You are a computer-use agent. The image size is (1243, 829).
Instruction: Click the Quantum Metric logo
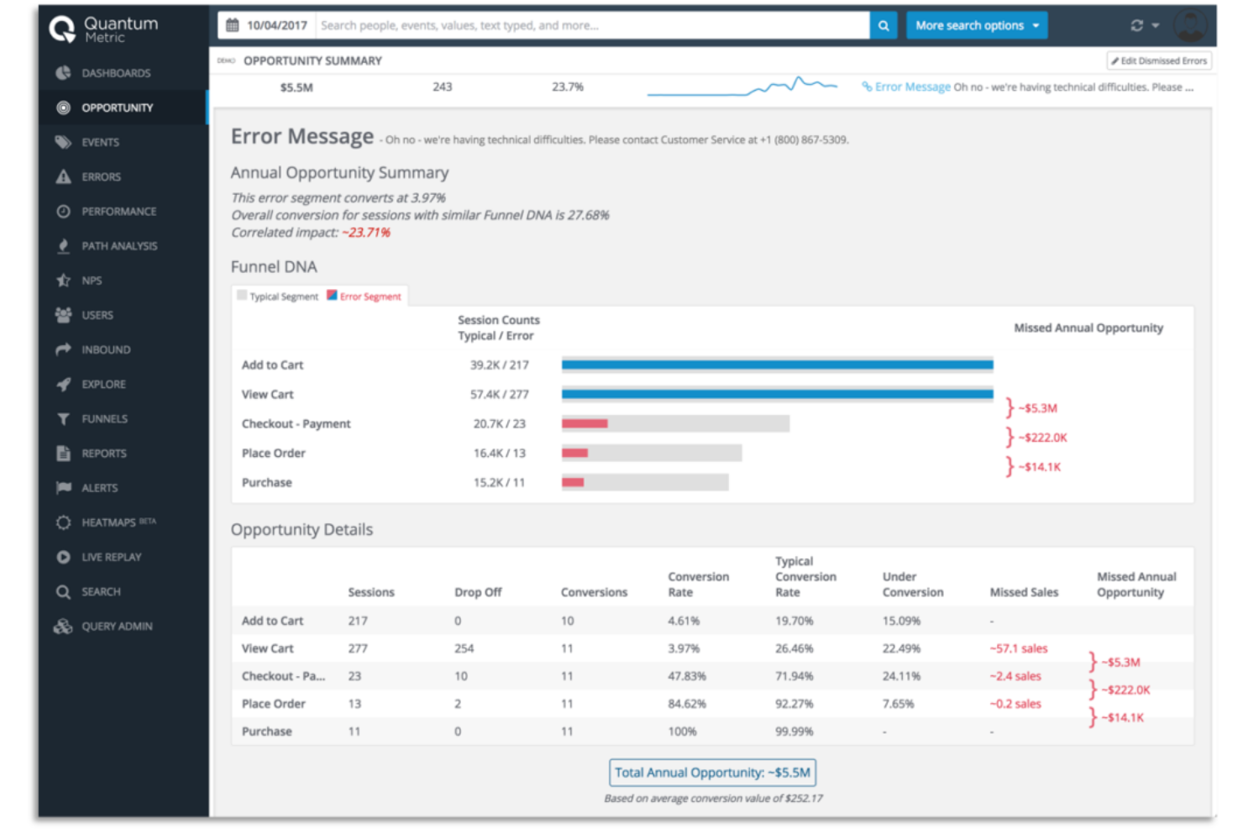point(102,29)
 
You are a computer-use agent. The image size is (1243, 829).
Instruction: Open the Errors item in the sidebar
point(101,177)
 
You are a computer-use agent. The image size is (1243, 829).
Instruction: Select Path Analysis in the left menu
point(118,246)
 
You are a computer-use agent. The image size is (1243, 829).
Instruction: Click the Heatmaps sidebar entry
point(108,522)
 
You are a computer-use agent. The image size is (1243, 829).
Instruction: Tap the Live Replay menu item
point(111,557)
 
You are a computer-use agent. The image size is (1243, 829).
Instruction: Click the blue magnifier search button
point(883,26)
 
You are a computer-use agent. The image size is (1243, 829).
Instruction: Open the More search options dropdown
point(977,26)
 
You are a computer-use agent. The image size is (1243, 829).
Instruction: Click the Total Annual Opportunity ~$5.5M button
point(712,773)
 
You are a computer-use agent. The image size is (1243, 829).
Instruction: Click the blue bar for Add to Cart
point(777,365)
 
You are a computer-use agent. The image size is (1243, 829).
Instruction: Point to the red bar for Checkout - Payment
point(585,423)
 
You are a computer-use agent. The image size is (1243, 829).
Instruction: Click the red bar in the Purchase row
point(573,482)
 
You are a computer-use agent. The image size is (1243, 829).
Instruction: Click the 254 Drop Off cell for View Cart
point(464,648)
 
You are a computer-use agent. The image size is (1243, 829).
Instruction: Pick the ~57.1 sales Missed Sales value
point(1018,648)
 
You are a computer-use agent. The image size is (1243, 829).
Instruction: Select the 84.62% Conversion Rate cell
point(686,704)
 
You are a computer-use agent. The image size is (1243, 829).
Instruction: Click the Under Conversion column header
point(912,585)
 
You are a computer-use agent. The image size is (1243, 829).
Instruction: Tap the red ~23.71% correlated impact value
point(366,233)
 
